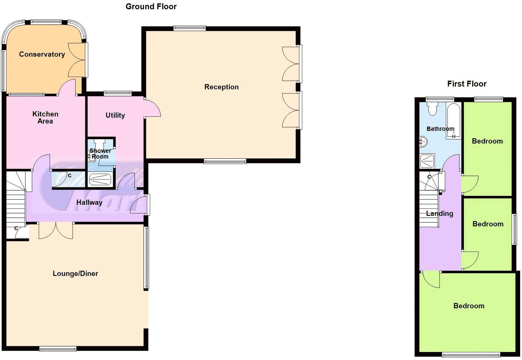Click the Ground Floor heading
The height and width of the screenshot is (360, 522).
tap(151, 6)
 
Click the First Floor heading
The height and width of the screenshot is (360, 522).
tap(467, 84)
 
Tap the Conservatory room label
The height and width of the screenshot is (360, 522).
tap(42, 55)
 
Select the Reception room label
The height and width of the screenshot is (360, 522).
tap(221, 87)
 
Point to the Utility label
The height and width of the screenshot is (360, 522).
tap(115, 115)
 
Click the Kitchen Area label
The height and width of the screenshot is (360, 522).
tap(45, 118)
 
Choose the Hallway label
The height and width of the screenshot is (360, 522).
tap(89, 202)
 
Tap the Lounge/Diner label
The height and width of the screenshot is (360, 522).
tap(75, 273)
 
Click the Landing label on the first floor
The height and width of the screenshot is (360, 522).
tap(440, 213)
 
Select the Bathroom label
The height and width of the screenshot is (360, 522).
tap(440, 129)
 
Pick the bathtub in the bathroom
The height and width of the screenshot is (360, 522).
tap(454, 120)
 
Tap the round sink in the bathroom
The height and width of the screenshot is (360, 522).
tap(423, 142)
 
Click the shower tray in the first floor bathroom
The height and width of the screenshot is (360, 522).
tap(427, 161)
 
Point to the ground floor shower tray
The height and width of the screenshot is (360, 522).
tap(100, 180)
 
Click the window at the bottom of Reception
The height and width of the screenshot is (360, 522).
tap(225, 161)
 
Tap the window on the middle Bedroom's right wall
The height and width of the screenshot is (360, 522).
tap(514, 229)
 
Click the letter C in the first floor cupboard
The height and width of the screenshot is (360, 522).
tap(429, 177)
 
